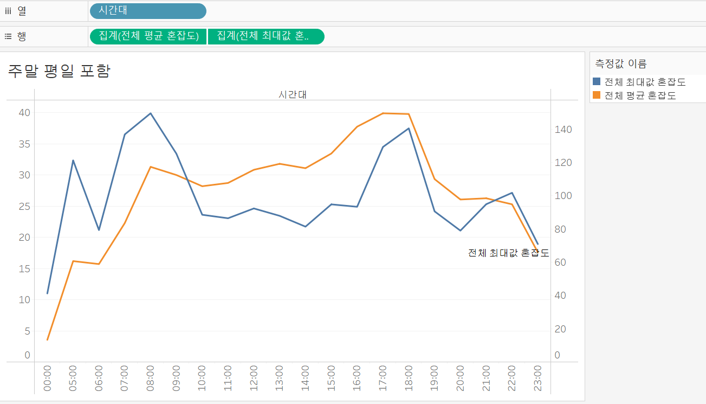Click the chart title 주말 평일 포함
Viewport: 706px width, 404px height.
point(59,71)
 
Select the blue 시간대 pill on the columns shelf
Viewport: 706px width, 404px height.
point(148,11)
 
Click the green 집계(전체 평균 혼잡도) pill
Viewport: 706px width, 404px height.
point(148,36)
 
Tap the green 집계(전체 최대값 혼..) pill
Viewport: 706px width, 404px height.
point(266,36)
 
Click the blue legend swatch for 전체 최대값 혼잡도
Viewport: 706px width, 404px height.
point(597,81)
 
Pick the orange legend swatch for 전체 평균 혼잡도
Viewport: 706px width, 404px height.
point(597,95)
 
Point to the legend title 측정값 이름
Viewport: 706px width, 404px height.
point(620,63)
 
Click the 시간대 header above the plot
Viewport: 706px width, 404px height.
point(293,94)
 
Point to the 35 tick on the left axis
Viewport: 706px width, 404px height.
point(24,144)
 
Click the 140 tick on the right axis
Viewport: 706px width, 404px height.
point(563,129)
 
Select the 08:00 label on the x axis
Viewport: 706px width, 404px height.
point(150,378)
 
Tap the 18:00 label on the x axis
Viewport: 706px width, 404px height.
point(409,378)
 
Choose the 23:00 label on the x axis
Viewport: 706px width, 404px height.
point(537,378)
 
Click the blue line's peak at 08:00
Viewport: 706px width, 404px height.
point(151,113)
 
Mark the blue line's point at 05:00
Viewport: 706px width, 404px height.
point(73,161)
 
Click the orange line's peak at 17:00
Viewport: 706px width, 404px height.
point(383,113)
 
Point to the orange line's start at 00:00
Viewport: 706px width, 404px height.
point(48,339)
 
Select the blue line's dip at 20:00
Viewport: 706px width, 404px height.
point(461,230)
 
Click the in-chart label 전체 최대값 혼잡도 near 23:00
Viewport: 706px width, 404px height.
point(508,253)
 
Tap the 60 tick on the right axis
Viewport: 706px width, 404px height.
point(560,262)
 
